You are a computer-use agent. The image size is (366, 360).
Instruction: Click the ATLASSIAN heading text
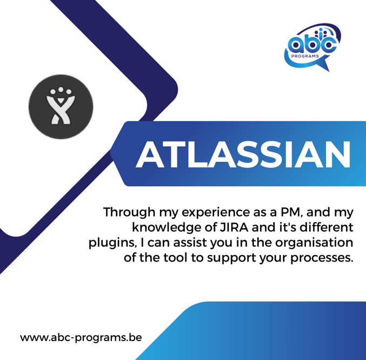point(243,154)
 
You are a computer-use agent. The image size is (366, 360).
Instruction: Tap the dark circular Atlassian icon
point(61,107)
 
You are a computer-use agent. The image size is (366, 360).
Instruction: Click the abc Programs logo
point(313,47)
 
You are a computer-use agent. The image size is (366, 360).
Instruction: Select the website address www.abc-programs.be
point(81,338)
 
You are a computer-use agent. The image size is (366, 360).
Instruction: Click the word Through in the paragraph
point(129,212)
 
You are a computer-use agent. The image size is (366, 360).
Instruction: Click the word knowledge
point(167,227)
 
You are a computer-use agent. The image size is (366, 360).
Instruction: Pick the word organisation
point(314,243)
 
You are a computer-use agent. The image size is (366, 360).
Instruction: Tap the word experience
point(216,213)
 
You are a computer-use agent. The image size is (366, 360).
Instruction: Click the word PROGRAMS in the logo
point(305,56)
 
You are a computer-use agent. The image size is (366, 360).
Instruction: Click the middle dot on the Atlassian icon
point(61,89)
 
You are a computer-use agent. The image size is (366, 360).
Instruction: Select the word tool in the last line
point(175,258)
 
